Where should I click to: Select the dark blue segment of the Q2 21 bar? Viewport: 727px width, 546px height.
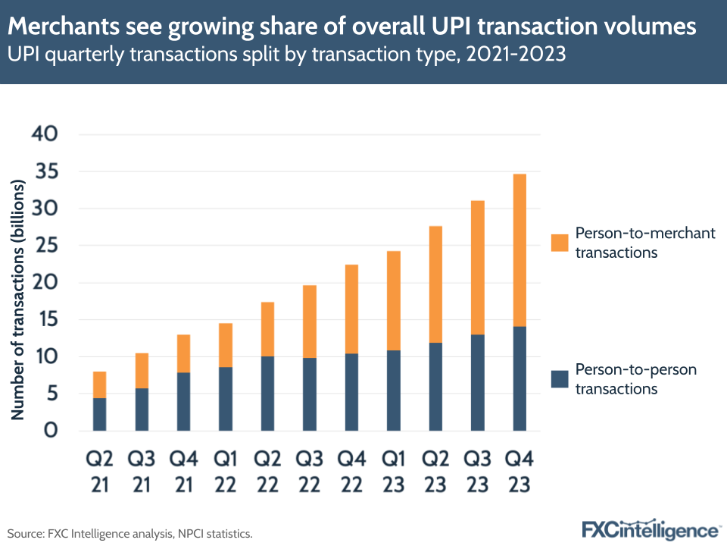tap(99, 414)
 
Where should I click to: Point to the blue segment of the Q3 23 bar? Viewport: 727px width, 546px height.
tap(478, 382)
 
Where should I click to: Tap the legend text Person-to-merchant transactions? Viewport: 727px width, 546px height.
tap(644, 243)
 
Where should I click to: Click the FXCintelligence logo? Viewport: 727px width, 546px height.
tap(650, 529)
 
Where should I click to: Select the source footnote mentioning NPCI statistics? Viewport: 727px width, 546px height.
tap(129, 533)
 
